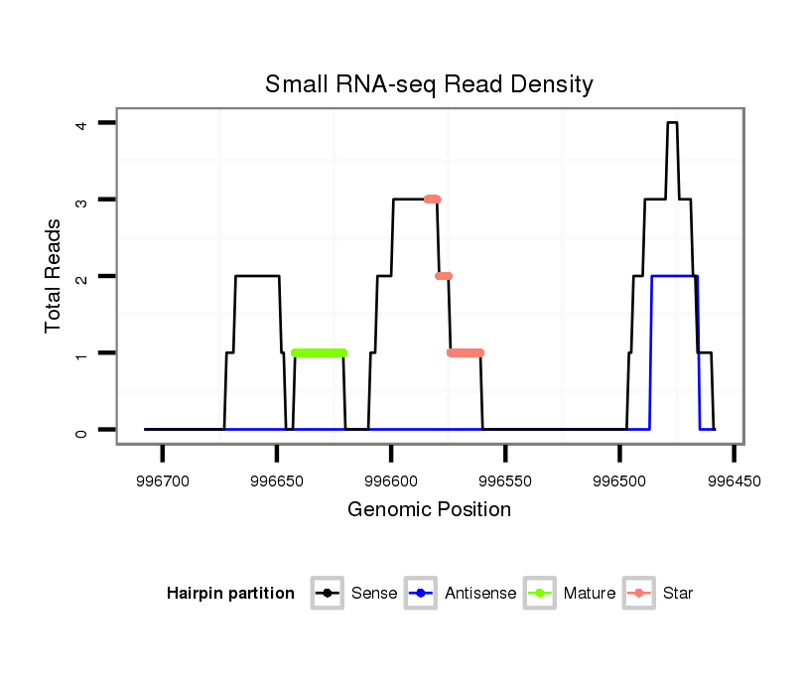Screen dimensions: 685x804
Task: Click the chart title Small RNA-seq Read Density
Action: click(429, 84)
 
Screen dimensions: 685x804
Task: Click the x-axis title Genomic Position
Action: click(429, 510)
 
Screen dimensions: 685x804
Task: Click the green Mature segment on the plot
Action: click(319, 352)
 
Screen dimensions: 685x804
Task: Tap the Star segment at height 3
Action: click(432, 200)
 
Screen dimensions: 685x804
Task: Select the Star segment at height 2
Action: click(444, 276)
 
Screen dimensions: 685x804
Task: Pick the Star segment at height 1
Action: click(465, 352)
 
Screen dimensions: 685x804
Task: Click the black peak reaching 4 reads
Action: click(672, 123)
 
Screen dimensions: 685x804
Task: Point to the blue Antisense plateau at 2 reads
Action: click(673, 277)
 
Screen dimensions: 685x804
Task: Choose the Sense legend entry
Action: click(354, 594)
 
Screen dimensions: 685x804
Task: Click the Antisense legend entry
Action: click(460, 594)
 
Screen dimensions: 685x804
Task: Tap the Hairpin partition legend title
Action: click(230, 594)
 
